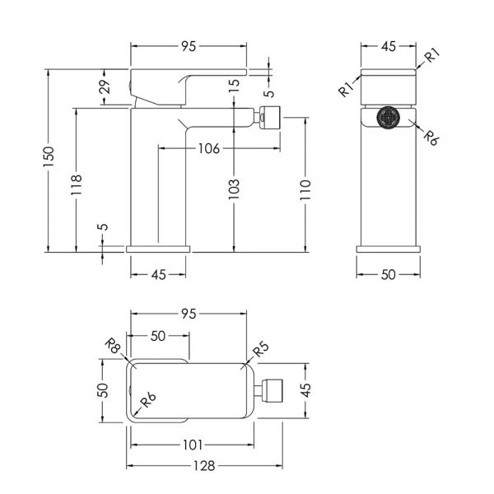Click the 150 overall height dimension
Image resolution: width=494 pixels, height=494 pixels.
[49, 157]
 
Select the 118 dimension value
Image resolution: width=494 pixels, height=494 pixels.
[77, 184]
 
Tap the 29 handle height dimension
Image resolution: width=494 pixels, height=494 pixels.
[105, 86]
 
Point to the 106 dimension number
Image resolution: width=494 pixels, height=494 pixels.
[208, 148]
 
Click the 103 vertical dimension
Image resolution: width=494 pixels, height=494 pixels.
[234, 189]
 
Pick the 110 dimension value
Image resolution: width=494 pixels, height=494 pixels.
[305, 189]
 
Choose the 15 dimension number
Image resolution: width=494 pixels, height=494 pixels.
[234, 86]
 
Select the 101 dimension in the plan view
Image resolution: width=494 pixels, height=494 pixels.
[193, 445]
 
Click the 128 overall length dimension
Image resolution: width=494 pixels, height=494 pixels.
[204, 466]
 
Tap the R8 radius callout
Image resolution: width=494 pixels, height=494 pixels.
[113, 346]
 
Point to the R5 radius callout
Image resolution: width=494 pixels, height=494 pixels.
[261, 349]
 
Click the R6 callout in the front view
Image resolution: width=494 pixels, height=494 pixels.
[431, 137]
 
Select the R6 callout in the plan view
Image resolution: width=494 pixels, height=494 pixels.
[147, 400]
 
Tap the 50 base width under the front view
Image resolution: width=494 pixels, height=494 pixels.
[388, 275]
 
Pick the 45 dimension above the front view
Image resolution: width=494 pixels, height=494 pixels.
[389, 46]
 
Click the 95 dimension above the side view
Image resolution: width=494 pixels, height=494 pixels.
[189, 46]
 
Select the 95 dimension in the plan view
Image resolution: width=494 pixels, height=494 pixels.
[189, 314]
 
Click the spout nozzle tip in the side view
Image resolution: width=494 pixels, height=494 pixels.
[270, 117]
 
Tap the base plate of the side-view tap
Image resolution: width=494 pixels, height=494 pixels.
[158, 249]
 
